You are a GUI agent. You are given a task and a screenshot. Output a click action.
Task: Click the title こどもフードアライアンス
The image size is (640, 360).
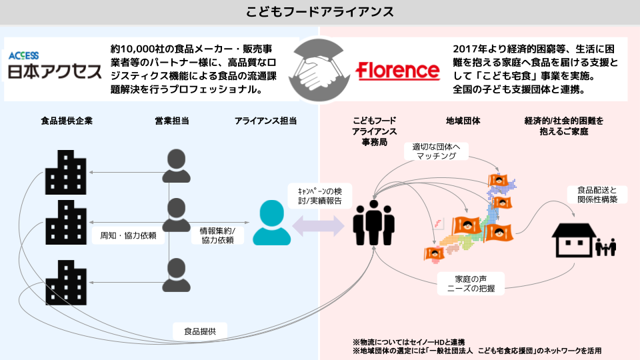click(x=320, y=12)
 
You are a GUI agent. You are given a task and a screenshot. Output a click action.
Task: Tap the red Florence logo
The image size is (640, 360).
click(x=397, y=71)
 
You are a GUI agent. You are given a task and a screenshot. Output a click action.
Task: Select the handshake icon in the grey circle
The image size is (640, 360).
click(x=319, y=69)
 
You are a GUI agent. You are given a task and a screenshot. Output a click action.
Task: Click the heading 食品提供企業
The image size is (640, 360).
click(x=67, y=121)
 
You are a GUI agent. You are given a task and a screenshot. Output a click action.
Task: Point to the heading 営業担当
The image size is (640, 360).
click(x=172, y=121)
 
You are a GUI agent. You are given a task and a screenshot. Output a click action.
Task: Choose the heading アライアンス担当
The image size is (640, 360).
click(x=265, y=121)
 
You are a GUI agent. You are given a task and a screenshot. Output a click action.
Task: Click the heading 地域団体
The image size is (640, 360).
click(x=463, y=121)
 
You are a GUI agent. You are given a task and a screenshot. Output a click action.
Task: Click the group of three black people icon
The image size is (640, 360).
click(x=373, y=223)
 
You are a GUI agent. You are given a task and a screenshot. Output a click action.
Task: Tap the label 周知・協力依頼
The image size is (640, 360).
click(x=127, y=235)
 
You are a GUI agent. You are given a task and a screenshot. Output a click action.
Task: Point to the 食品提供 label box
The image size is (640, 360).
click(x=200, y=330)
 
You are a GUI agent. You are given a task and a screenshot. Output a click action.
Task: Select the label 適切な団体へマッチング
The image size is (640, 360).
click(x=436, y=151)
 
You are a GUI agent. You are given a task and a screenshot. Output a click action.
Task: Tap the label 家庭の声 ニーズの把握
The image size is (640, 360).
click(x=471, y=283)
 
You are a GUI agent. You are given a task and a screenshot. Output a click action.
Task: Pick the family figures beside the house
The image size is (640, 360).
click(x=606, y=247)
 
